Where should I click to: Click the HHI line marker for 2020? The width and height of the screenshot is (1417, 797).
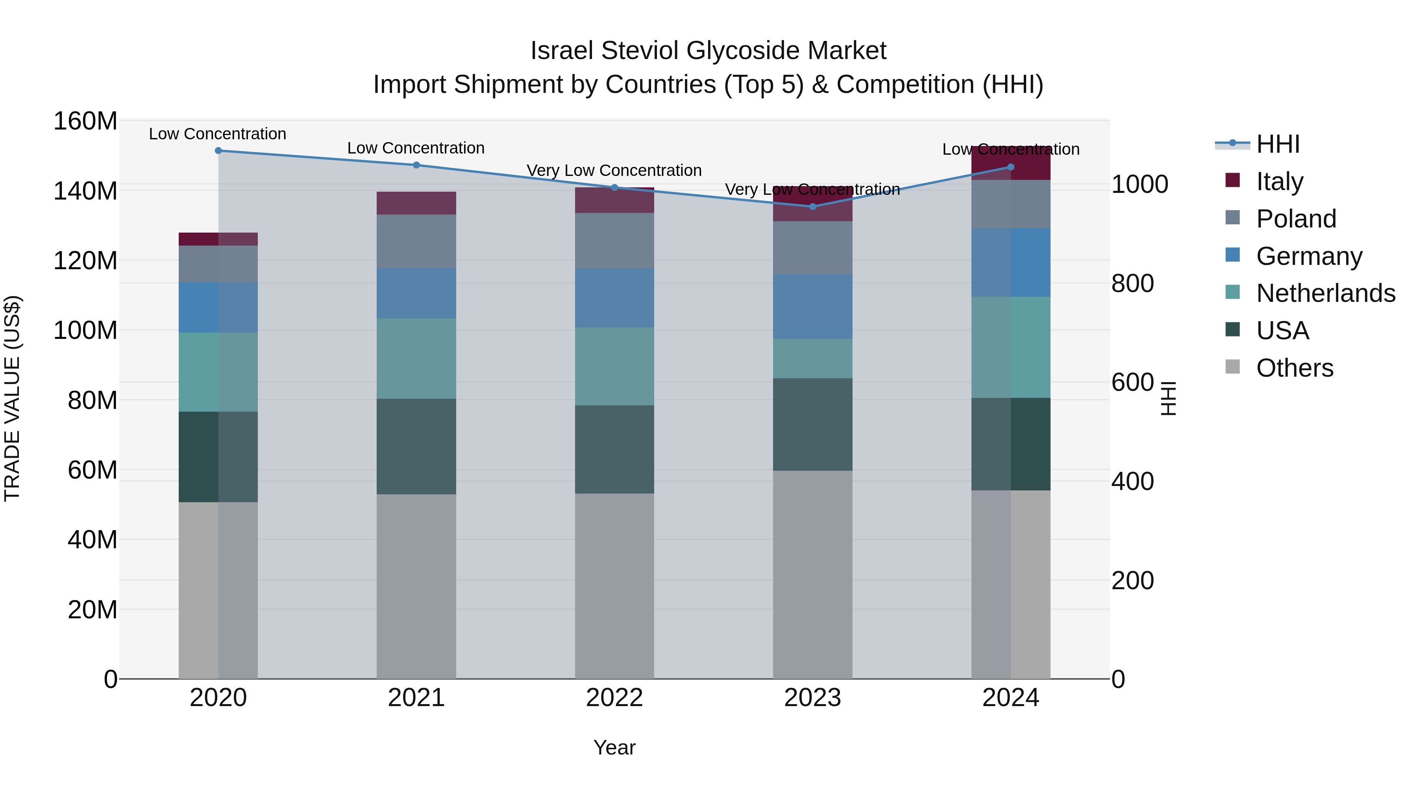218,151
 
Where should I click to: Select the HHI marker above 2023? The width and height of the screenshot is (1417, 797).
812,207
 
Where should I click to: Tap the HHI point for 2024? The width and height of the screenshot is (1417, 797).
1010,167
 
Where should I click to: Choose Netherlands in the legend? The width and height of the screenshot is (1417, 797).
1325,293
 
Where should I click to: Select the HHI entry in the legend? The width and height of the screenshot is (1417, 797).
1278,144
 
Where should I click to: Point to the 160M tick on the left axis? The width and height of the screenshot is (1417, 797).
85,121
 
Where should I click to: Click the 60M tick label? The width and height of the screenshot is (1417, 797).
92,470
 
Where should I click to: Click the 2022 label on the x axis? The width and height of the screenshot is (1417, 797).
614,698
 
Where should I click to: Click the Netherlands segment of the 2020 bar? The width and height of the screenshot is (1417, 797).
218,372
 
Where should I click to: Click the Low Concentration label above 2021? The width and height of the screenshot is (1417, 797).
416,148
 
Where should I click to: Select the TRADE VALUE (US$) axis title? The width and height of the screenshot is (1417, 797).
12,398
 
